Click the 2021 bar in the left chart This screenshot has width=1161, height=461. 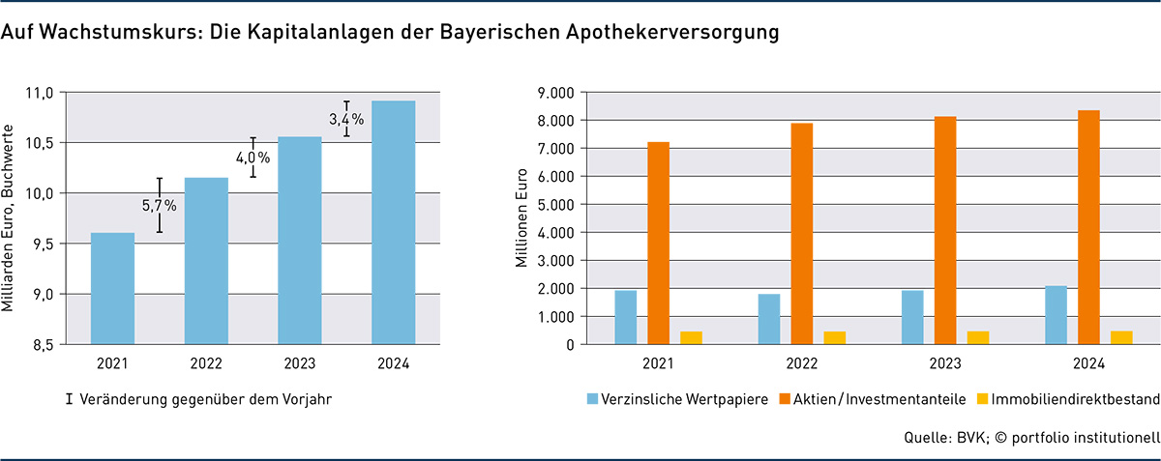[x=112, y=288]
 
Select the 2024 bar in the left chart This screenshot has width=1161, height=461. [x=393, y=222]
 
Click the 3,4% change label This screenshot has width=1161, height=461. [x=345, y=120]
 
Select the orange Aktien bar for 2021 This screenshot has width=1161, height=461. [x=659, y=243]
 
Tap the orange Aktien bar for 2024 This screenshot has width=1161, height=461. [x=1088, y=227]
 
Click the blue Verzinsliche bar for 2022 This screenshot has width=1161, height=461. [x=769, y=319]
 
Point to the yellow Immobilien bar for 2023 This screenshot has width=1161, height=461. [x=978, y=337]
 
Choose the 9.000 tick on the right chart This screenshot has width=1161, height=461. [x=555, y=93]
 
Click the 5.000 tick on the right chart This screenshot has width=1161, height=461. [x=555, y=205]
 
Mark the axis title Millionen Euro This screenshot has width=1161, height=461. [x=521, y=218]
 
